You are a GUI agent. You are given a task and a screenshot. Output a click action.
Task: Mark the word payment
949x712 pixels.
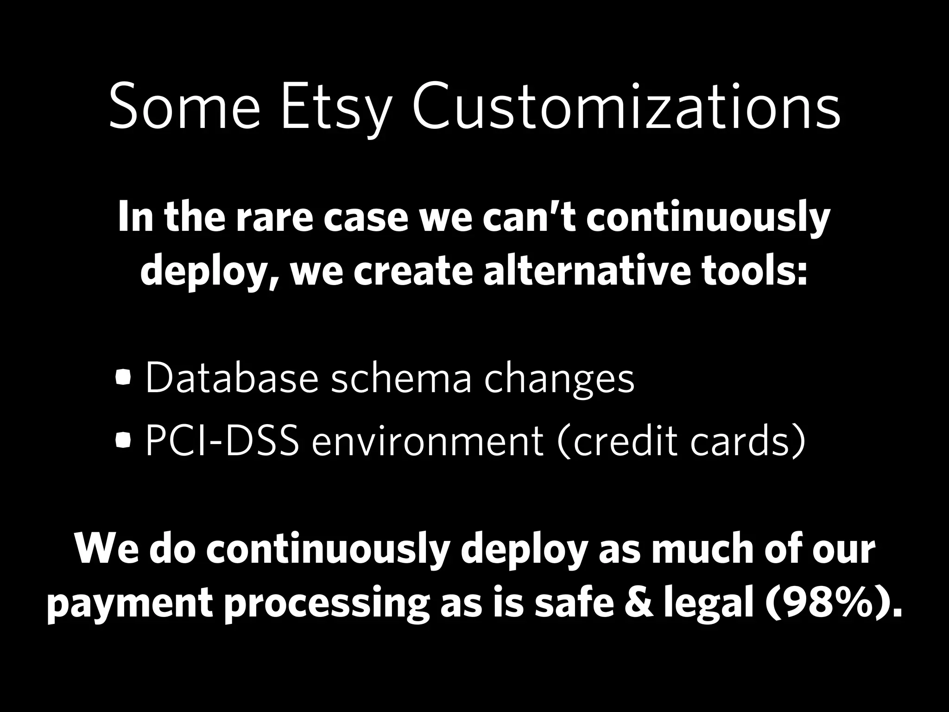pos(130,604)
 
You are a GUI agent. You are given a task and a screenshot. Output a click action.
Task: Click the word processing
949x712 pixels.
pos(327,604)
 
